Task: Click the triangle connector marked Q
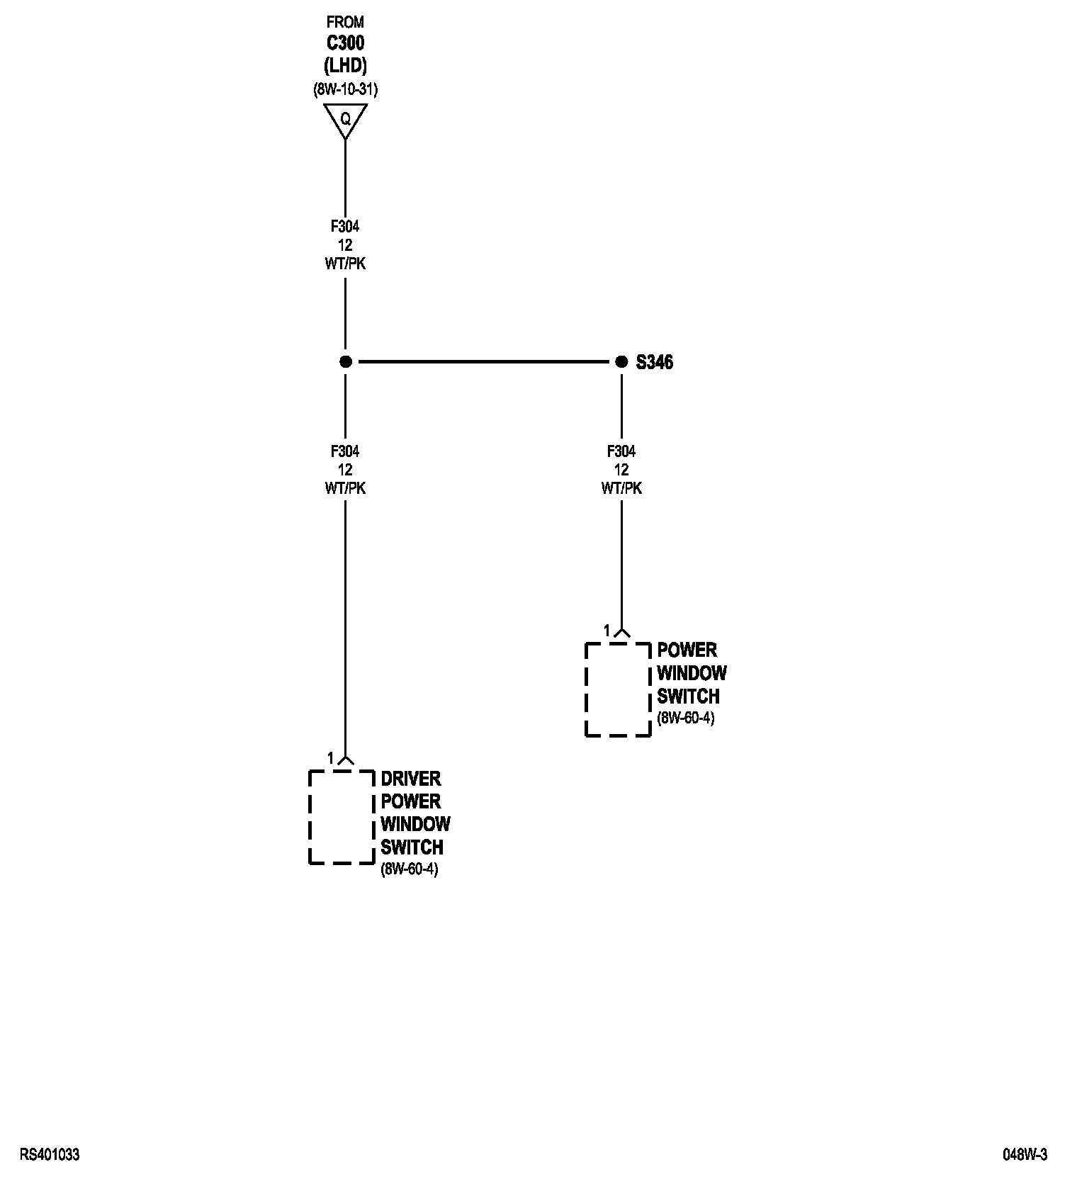coord(345,118)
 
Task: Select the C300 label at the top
coord(345,43)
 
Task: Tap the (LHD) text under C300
coord(345,66)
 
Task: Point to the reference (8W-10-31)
coord(345,90)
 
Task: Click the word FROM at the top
coord(345,23)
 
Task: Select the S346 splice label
coord(654,363)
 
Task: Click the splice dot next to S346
coord(621,362)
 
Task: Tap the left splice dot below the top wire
coord(345,362)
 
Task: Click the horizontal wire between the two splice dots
coord(483,362)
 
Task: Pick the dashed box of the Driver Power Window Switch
coord(342,817)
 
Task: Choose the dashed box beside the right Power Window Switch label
coord(618,689)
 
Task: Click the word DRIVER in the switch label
coord(410,779)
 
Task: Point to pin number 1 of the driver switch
coord(330,758)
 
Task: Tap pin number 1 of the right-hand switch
coord(607,630)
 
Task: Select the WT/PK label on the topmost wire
coord(345,264)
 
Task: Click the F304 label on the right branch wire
coord(621,451)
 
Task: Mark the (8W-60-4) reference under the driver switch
coord(410,869)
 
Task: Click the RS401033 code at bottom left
coord(50,1155)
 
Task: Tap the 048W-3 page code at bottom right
coord(1025,1155)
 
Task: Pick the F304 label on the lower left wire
coord(345,451)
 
